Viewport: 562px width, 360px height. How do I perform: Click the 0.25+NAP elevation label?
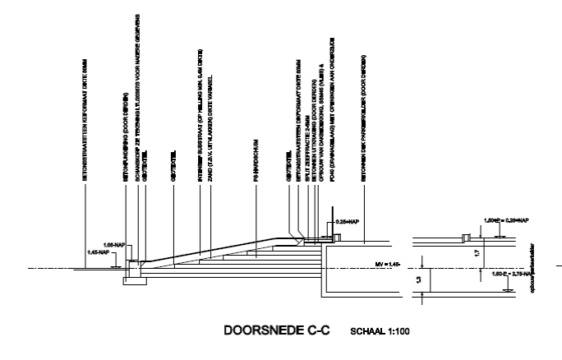(348, 222)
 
